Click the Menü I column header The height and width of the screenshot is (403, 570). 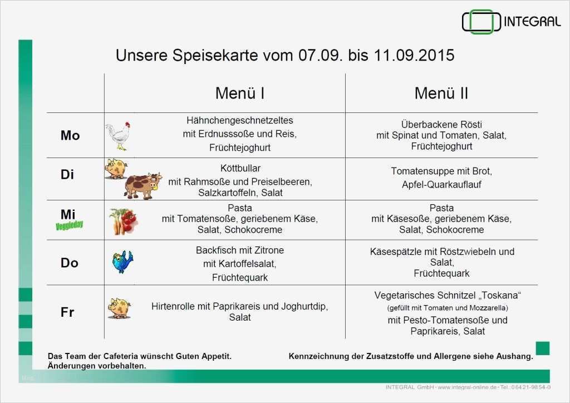[239, 93]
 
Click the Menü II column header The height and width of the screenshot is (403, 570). [441, 93]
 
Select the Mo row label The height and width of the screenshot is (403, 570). [70, 135]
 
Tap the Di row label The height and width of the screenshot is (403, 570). [67, 174]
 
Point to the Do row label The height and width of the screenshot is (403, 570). [70, 263]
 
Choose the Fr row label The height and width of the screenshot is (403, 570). [67, 312]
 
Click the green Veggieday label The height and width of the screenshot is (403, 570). [70, 225]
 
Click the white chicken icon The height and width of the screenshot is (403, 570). [118, 136]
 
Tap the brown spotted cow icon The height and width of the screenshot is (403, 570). [142, 185]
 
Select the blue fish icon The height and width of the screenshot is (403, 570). [122, 261]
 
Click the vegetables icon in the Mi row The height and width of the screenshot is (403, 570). [123, 221]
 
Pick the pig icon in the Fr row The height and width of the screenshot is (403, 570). [119, 308]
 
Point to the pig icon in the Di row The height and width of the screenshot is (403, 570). [116, 168]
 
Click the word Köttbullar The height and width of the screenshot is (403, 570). [240, 168]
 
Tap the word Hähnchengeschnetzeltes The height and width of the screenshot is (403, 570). [239, 120]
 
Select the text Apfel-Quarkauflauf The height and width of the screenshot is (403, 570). [441, 184]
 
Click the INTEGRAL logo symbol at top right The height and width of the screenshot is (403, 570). [478, 22]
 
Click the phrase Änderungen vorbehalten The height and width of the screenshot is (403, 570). [97, 366]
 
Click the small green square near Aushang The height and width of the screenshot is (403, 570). [542, 348]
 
